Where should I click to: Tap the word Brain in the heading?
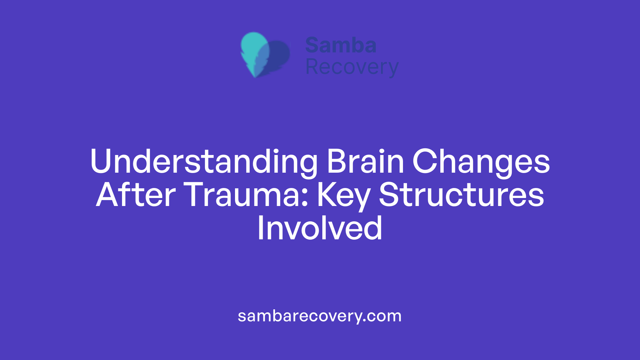[x=365, y=161]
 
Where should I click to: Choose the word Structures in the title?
[x=462, y=195]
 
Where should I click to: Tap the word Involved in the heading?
[x=320, y=228]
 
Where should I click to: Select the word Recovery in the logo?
[x=352, y=67]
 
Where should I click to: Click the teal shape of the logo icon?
[x=253, y=47]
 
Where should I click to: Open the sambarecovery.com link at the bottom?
[x=320, y=316]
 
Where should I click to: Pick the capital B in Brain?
[x=337, y=161]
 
